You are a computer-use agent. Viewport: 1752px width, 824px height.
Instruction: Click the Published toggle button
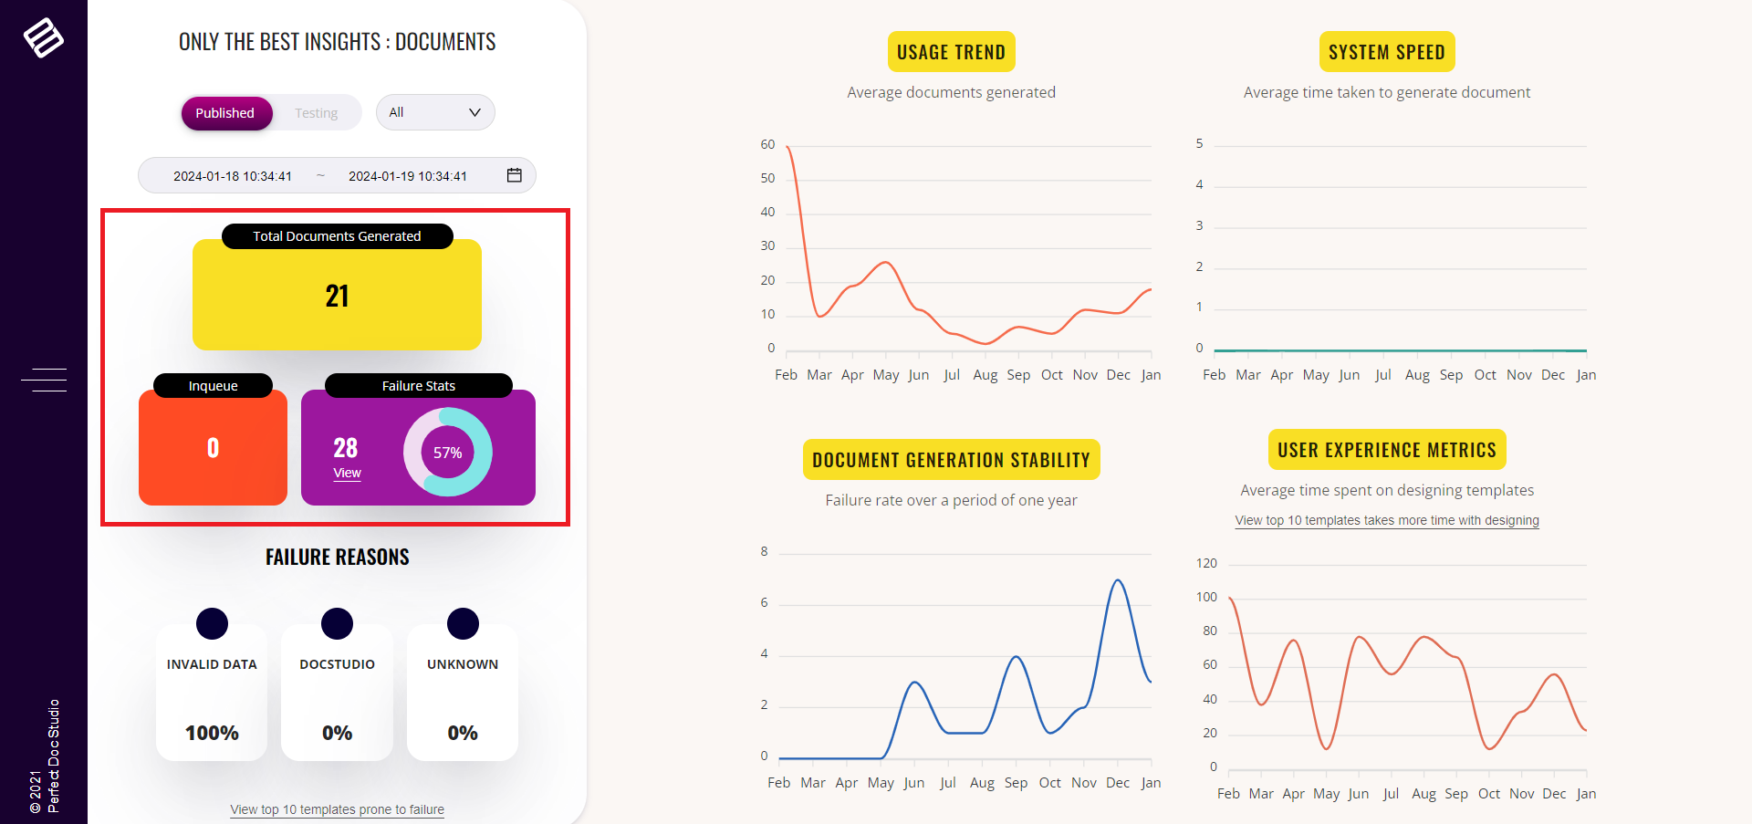point(225,113)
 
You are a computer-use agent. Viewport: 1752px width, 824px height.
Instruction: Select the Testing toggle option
point(316,113)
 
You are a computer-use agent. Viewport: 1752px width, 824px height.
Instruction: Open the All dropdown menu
point(434,112)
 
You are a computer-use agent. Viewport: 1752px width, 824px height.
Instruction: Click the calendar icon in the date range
point(515,175)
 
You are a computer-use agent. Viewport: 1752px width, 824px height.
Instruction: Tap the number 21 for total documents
point(337,296)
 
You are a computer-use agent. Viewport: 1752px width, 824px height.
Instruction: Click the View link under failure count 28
point(347,473)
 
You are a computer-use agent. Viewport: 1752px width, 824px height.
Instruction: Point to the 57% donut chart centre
point(447,453)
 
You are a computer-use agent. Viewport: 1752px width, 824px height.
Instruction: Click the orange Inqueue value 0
point(213,448)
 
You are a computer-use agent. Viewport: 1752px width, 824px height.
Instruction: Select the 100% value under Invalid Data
point(212,733)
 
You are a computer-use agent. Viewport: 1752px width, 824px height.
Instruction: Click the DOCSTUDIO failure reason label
point(337,664)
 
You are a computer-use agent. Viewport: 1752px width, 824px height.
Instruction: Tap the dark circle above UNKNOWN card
point(463,623)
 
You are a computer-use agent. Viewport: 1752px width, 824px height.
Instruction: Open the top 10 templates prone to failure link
point(337,809)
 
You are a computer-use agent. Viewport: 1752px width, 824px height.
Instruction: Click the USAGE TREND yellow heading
point(951,52)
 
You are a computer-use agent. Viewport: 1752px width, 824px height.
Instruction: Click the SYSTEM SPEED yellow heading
point(1386,52)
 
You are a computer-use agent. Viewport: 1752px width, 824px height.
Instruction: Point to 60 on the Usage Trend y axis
point(767,144)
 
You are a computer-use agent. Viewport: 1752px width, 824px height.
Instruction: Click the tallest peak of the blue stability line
point(1118,580)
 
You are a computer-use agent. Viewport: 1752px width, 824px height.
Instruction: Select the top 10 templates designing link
point(1386,520)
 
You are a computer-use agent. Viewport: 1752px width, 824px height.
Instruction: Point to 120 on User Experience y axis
point(1206,563)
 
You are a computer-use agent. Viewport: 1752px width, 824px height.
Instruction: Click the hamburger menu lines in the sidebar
point(44,380)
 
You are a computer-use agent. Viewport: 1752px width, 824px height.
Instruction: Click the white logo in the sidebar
point(43,37)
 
